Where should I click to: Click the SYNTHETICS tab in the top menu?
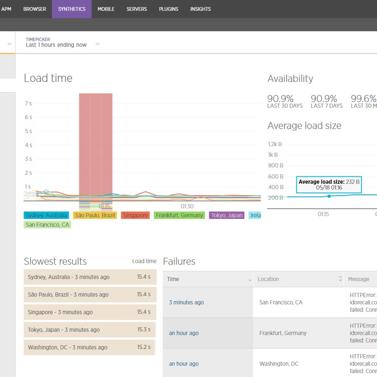click(x=72, y=9)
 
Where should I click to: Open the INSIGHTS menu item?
click(x=200, y=9)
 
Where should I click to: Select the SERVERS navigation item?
click(x=137, y=9)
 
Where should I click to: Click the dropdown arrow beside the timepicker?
click(x=97, y=44)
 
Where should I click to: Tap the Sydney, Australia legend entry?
click(x=46, y=215)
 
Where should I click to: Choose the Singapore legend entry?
click(x=135, y=215)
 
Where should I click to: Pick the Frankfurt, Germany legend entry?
click(x=179, y=215)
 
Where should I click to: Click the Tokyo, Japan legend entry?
click(x=227, y=215)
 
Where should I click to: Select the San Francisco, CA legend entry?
click(x=47, y=225)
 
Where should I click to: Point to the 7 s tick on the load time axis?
click(x=28, y=103)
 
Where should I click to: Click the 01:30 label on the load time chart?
click(x=187, y=206)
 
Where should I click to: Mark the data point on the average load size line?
click(x=329, y=196)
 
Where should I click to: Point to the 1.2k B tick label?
click(x=275, y=144)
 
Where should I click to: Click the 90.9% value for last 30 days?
click(x=280, y=99)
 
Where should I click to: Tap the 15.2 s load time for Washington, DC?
click(x=144, y=347)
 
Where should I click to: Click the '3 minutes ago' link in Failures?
click(x=186, y=302)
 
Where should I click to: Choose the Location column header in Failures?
click(x=268, y=279)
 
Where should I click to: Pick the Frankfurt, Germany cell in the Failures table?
click(x=283, y=333)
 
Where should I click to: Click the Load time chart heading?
click(x=48, y=78)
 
